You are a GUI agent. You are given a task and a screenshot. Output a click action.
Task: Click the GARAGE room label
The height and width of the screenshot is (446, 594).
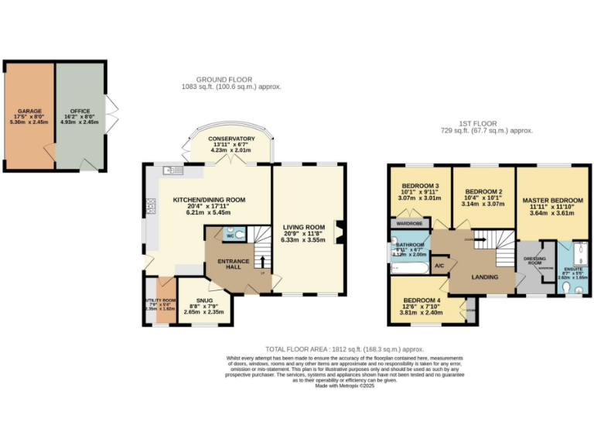click(x=30, y=111)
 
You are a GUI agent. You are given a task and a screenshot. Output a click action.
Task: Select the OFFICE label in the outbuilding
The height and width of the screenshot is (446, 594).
click(x=80, y=111)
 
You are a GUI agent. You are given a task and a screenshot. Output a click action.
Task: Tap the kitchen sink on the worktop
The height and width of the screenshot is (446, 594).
click(x=172, y=170)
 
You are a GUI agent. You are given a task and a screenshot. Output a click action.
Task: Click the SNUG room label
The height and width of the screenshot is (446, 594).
click(x=204, y=300)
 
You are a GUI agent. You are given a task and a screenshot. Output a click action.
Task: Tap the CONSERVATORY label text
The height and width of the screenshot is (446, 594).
click(x=231, y=139)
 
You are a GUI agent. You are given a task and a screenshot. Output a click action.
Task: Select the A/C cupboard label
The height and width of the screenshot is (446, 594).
click(x=439, y=266)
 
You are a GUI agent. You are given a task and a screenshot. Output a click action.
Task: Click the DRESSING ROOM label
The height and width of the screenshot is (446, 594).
click(x=534, y=261)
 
